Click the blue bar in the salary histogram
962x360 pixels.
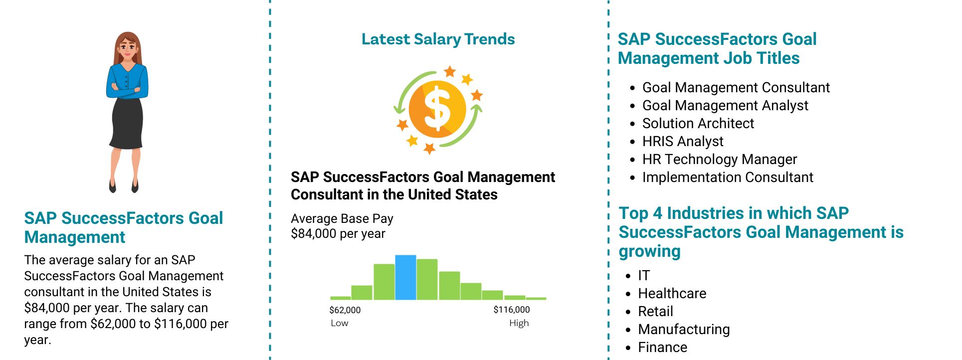(x=405, y=277)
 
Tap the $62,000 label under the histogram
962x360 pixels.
(x=345, y=310)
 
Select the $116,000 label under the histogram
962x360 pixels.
(x=512, y=310)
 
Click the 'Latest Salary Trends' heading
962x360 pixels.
(x=438, y=39)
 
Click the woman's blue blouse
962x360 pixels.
(x=127, y=81)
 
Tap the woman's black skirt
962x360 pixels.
(x=127, y=123)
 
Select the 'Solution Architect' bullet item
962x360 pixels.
(x=698, y=123)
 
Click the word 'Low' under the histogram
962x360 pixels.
(x=340, y=323)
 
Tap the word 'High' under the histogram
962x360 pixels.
(x=519, y=323)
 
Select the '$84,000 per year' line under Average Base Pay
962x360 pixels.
(x=338, y=233)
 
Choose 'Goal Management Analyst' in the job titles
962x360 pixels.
(x=725, y=105)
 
